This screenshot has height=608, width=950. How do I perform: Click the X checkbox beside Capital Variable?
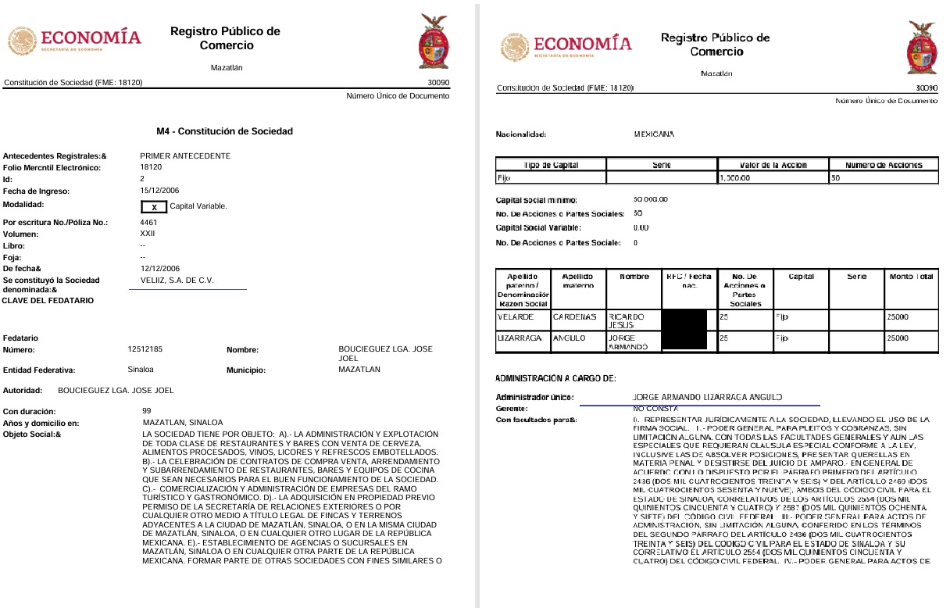[154, 207]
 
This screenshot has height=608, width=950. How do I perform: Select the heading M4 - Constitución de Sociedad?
[225, 131]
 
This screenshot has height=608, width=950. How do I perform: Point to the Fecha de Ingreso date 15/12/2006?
[160, 191]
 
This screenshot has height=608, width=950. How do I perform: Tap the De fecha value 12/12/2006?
[160, 268]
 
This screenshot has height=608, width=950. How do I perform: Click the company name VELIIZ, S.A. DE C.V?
[177, 280]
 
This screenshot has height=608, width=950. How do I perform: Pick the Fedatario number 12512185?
[145, 350]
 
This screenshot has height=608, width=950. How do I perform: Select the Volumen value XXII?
[148, 233]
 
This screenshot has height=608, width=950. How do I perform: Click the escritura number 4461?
[148, 222]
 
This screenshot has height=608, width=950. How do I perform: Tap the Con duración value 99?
[147, 410]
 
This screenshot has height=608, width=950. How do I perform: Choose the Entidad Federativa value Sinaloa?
[141, 369]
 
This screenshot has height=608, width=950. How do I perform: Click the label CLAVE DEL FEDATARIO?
[48, 301]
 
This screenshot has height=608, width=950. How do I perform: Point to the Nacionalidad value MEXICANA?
[654, 134]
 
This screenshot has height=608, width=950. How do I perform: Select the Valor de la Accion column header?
[773, 165]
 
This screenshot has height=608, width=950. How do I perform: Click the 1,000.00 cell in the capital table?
[735, 178]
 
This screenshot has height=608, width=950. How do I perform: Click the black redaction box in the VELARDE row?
[684, 320]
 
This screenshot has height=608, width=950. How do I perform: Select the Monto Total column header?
[911, 277]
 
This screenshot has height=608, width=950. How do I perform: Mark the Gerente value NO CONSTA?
[655, 409]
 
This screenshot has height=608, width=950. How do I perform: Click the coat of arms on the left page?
[434, 44]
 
